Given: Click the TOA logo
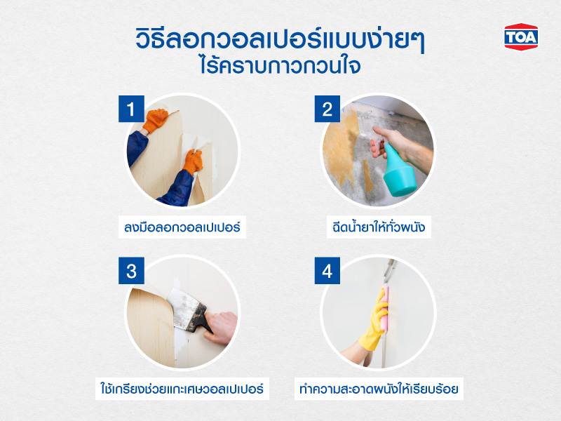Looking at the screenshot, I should tap(520, 36).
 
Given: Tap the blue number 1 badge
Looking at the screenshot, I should tap(130, 110).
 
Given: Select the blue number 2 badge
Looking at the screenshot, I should tap(327, 110).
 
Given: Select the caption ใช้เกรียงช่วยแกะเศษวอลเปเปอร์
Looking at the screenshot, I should tap(182, 387).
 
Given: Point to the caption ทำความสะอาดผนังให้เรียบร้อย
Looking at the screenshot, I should tap(377, 387).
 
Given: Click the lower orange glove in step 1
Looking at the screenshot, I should tap(191, 162).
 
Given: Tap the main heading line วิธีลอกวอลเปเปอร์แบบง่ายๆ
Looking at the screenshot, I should tap(280, 39).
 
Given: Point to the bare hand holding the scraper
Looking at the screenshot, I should tap(223, 327).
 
